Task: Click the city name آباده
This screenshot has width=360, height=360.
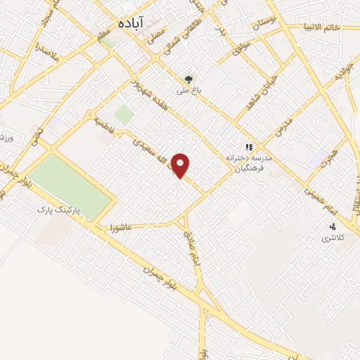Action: coord(131,23)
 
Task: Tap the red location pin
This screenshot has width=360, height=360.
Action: coord(181,165)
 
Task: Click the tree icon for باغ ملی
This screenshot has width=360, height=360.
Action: coord(188,79)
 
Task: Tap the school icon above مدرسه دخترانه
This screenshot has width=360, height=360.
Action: coord(248,148)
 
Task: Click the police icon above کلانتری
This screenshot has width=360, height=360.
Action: coord(333,226)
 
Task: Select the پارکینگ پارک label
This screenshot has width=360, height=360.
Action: coord(62,210)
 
